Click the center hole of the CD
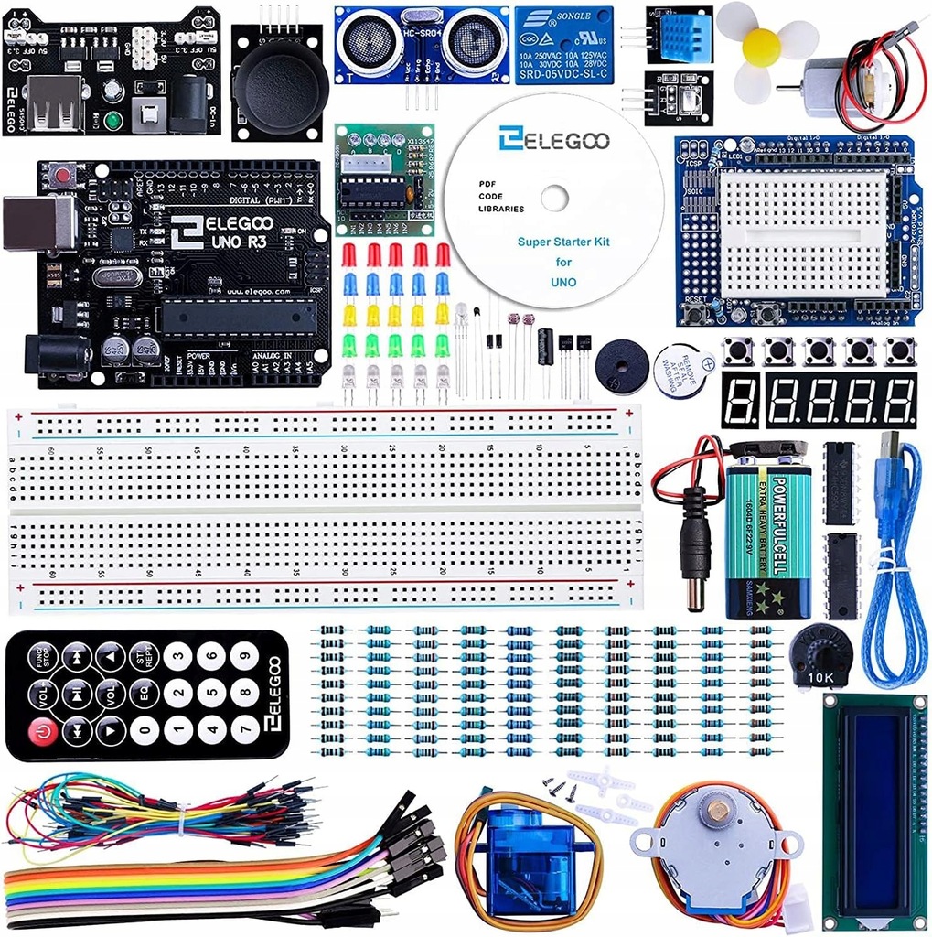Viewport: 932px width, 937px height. [555, 199]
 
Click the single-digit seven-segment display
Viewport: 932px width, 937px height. [740, 399]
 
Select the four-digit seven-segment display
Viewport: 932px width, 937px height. [841, 399]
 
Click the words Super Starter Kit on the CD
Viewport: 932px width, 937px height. [563, 242]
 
